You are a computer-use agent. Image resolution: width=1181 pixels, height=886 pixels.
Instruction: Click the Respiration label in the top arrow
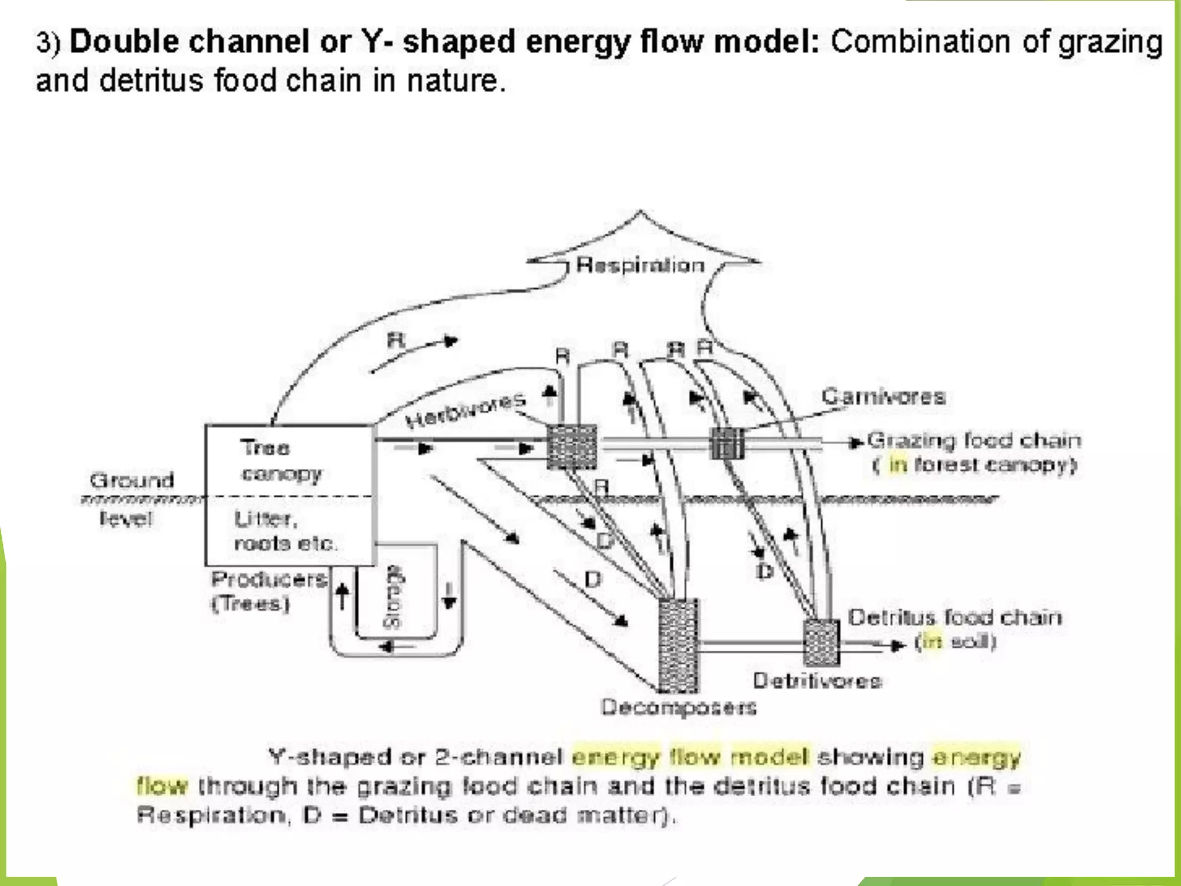(x=640, y=265)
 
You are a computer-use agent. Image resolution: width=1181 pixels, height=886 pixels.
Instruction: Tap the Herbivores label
(x=465, y=410)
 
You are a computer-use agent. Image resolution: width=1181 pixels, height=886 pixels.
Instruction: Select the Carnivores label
(x=883, y=397)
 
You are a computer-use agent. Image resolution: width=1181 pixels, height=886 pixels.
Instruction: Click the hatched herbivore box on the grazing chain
(x=571, y=446)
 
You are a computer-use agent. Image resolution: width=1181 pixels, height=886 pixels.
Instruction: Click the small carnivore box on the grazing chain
(x=727, y=443)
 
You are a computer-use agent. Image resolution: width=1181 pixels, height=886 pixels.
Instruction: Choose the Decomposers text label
(x=679, y=707)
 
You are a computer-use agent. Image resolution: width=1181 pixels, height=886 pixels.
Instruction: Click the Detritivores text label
(x=817, y=681)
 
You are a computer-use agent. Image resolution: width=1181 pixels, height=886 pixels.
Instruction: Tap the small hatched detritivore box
(x=821, y=642)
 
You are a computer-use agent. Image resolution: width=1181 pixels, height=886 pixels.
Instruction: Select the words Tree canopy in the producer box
(x=281, y=460)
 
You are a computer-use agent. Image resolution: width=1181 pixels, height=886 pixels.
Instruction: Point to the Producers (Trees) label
(x=269, y=591)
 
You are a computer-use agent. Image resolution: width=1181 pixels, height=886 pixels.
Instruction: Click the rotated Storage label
(x=394, y=597)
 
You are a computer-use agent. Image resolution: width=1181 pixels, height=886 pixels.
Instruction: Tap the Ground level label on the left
(x=130, y=498)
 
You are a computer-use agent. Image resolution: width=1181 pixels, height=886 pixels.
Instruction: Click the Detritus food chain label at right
(x=954, y=618)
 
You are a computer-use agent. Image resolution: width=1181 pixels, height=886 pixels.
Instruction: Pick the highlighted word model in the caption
(x=770, y=756)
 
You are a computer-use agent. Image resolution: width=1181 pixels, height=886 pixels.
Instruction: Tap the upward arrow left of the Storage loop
(x=342, y=595)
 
